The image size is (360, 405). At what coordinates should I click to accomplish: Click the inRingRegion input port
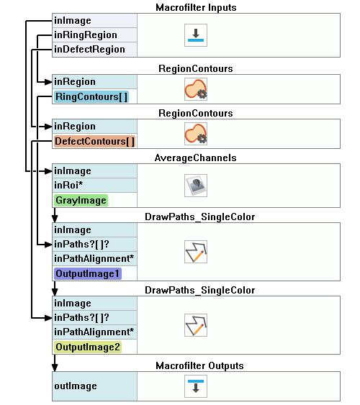pyautogui.click(x=86, y=35)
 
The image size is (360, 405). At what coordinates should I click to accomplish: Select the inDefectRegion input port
pyautogui.click(x=89, y=50)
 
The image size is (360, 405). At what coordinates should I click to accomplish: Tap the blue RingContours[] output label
pyautogui.click(x=91, y=97)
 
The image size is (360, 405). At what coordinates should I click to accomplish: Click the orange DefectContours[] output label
pyautogui.click(x=94, y=142)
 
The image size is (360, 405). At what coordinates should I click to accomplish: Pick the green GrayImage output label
pyautogui.click(x=81, y=201)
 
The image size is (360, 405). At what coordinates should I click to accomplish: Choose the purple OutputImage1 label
pyautogui.click(x=87, y=273)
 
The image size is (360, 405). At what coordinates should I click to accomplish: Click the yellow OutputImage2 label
pyautogui.click(x=88, y=347)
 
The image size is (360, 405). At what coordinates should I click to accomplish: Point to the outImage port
pyautogui.click(x=76, y=386)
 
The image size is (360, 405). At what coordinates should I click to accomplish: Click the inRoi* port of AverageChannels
pyautogui.click(x=68, y=185)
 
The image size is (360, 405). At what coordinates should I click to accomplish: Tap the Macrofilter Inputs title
pyautogui.click(x=196, y=7)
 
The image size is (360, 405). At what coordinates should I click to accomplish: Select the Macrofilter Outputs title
pyautogui.click(x=199, y=365)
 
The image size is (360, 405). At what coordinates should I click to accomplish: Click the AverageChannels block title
pyautogui.click(x=195, y=158)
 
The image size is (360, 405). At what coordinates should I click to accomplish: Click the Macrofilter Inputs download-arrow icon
pyautogui.click(x=196, y=35)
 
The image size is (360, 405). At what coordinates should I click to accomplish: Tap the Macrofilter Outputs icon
pyautogui.click(x=196, y=386)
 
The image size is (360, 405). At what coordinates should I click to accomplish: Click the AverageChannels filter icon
pyautogui.click(x=196, y=186)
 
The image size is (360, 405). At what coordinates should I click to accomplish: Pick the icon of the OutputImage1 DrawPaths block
pyautogui.click(x=196, y=252)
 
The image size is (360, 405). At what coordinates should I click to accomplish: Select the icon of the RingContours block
pyautogui.click(x=196, y=89)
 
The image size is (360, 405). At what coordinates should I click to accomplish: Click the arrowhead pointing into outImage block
pyautogui.click(x=55, y=368)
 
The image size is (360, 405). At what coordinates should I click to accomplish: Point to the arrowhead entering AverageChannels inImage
pyautogui.click(x=48, y=171)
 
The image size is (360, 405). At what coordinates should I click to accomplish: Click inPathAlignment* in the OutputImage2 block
pyautogui.click(x=94, y=332)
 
